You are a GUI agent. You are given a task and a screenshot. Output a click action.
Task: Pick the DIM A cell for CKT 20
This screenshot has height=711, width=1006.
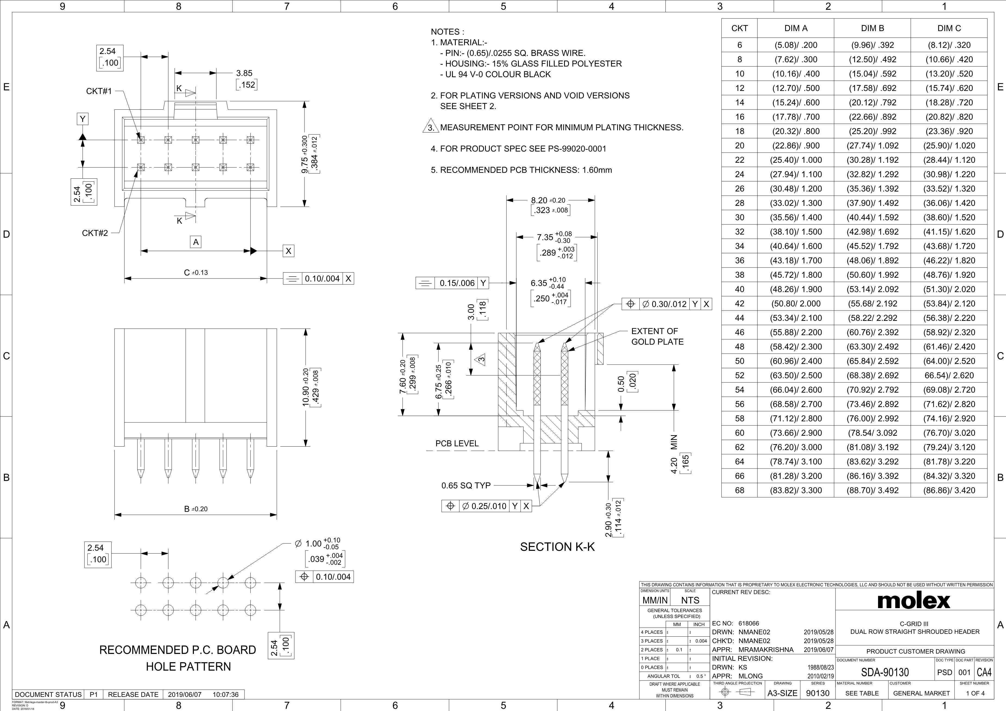pyautogui.click(x=796, y=146)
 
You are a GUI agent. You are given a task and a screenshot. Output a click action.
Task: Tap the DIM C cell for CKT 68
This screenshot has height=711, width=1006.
pyautogui.click(x=949, y=490)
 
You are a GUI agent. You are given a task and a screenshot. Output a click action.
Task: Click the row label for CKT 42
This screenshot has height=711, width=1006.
pyautogui.click(x=740, y=304)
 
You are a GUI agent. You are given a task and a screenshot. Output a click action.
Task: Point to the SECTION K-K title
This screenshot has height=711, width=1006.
pyautogui.click(x=557, y=547)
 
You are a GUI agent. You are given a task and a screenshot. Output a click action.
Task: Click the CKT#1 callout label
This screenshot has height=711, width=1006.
pyautogui.click(x=99, y=91)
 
